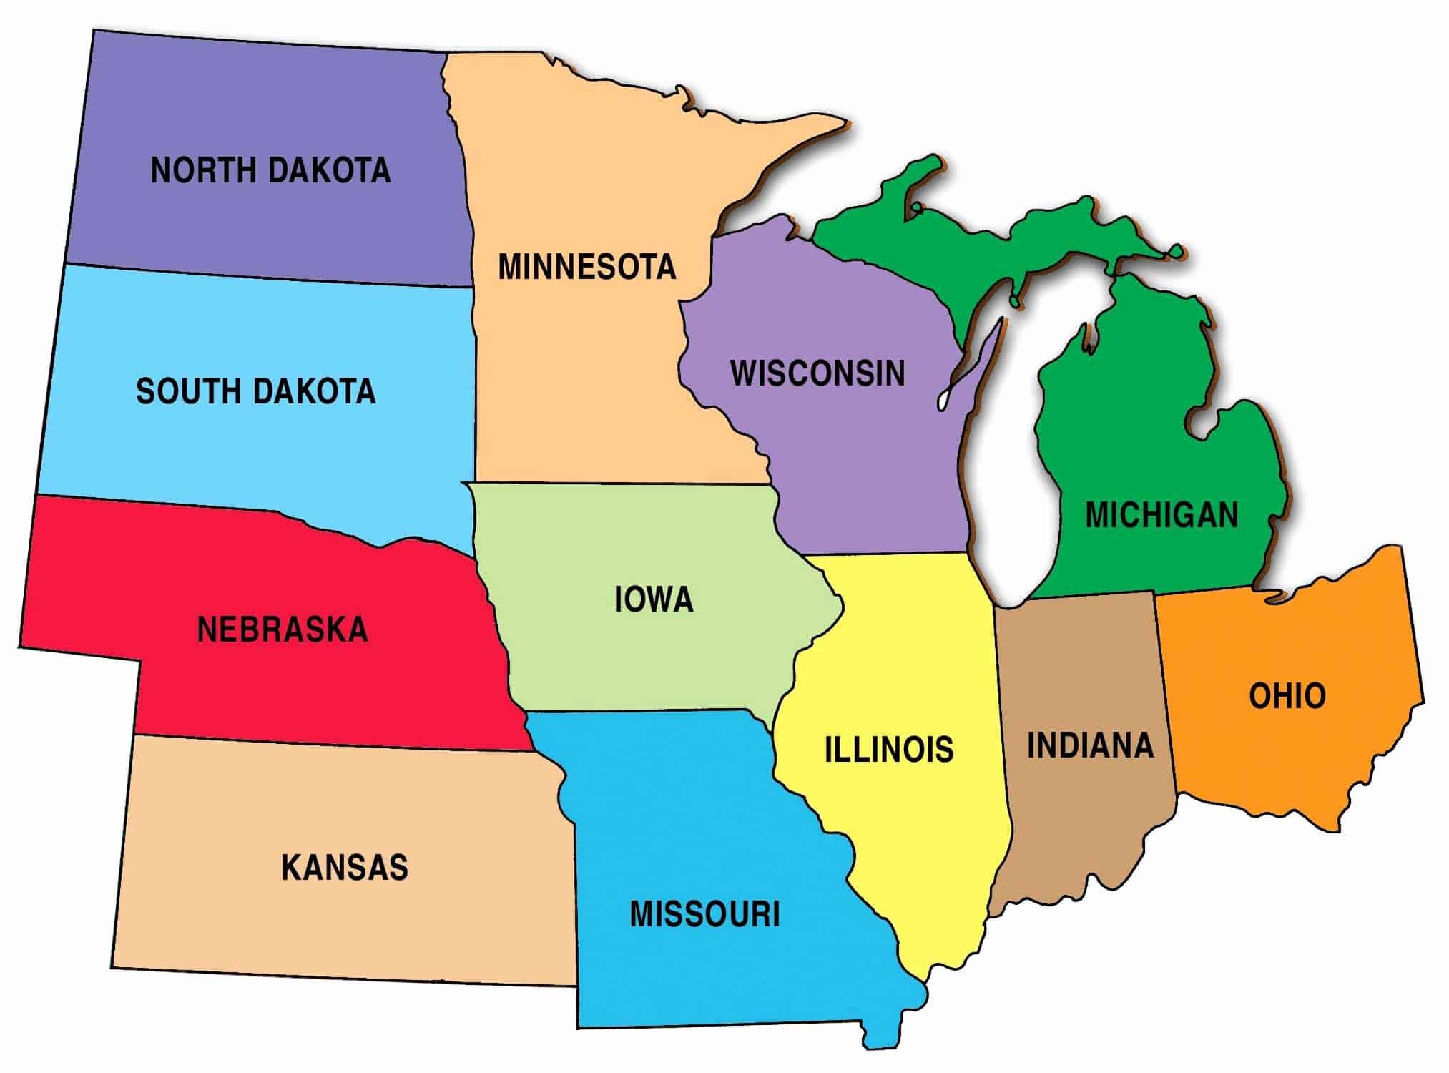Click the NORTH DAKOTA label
coord(270,170)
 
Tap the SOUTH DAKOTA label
coord(255,391)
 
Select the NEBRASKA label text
coord(282,629)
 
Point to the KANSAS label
coord(344,867)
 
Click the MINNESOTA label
coord(586,267)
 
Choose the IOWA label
coord(654,599)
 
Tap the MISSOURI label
coord(704,914)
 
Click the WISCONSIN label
coord(817,373)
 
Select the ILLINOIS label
coord(889,749)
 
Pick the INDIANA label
coord(1091,745)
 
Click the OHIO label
coord(1287,696)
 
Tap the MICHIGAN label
coord(1161,515)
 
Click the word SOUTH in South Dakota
coord(186,391)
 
